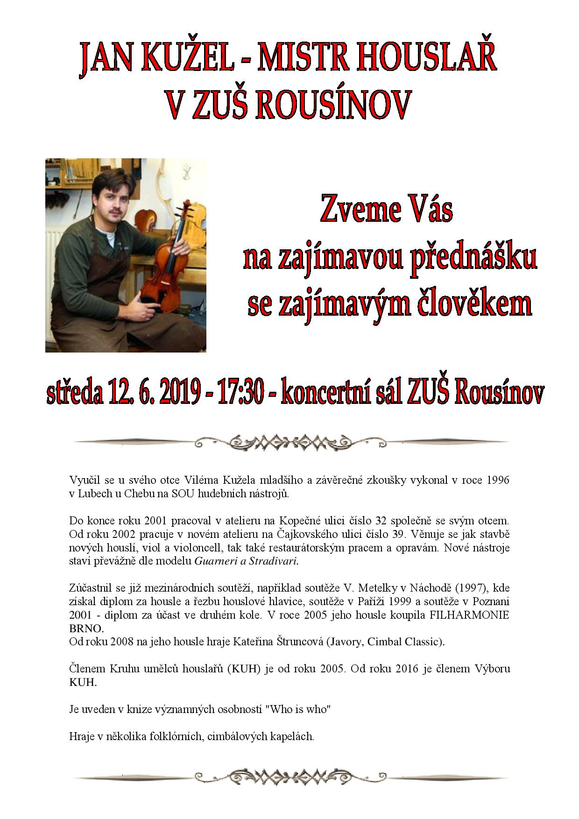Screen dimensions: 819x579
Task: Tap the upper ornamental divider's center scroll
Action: coord(290,441)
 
